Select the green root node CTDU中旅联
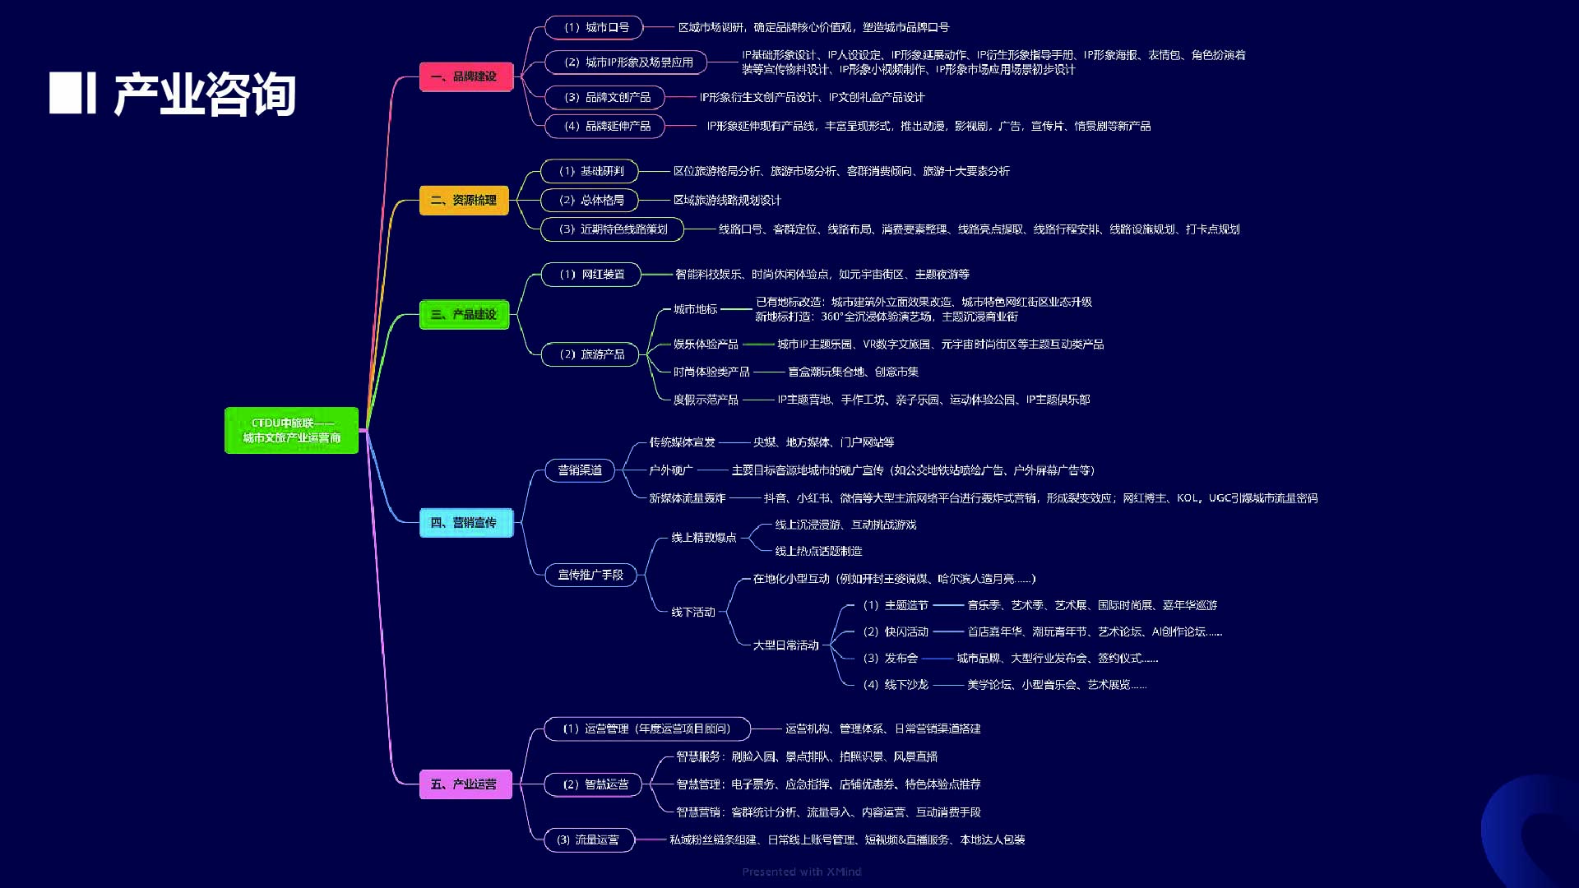click(292, 430)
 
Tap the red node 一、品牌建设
click(466, 76)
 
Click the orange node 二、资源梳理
click(464, 200)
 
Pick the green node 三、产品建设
click(464, 314)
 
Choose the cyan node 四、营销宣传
click(466, 523)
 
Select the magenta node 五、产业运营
click(465, 784)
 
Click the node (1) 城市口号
click(594, 27)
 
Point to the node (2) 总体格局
click(590, 200)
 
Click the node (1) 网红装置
click(590, 274)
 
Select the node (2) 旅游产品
click(590, 354)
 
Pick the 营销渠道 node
click(580, 470)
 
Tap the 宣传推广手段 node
click(590, 575)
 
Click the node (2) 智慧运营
click(594, 784)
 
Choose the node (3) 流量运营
click(589, 839)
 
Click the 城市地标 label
click(696, 309)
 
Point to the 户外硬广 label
click(671, 470)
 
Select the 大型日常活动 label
click(786, 645)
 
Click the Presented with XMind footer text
click(802, 872)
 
